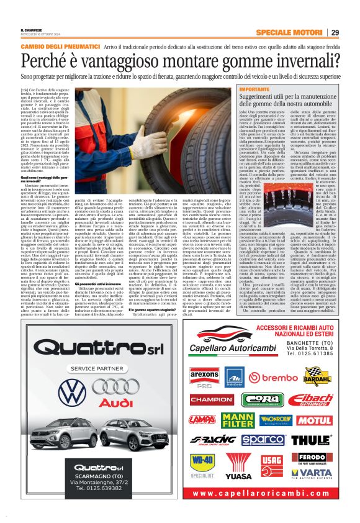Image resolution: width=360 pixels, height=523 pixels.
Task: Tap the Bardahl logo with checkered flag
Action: click(317, 376)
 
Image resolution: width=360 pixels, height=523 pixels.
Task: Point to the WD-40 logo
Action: click(202, 463)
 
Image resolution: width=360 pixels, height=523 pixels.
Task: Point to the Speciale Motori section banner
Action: click(290, 32)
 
